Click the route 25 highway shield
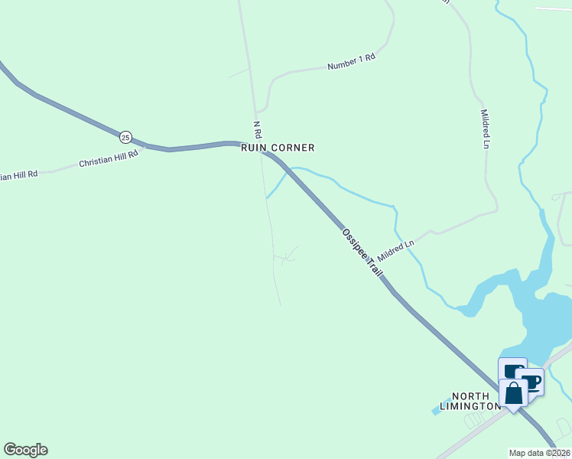click(125, 137)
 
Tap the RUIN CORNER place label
click(278, 148)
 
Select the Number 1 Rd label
click(351, 63)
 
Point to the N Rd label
click(258, 129)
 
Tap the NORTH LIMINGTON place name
click(475, 401)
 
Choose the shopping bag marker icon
click(513, 393)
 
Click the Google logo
click(25, 450)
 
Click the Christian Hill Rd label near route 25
click(109, 159)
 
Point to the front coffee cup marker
click(530, 381)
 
